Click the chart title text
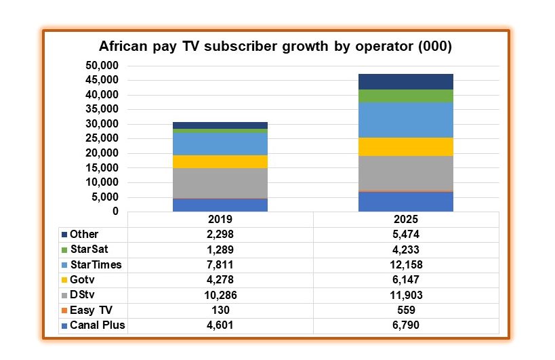coord(275,47)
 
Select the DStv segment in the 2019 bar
coord(220,183)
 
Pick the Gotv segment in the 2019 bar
coord(220,161)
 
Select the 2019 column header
coord(220,220)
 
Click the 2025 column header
coord(405,220)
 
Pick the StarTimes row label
coord(96,264)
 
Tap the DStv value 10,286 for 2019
coord(220,295)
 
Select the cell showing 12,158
coord(405,264)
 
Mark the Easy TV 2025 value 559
coord(405,310)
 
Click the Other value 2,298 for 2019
coord(220,235)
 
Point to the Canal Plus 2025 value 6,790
coord(405,325)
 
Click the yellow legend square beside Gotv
coord(64,280)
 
